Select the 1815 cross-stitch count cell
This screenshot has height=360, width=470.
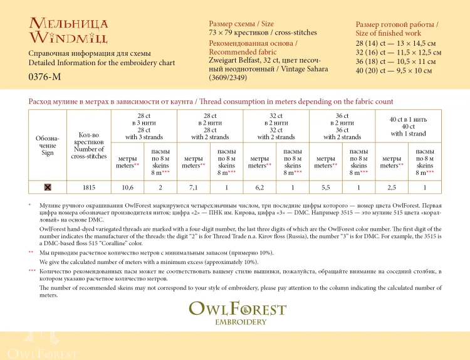[89, 187]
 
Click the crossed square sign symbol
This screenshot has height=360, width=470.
[48, 187]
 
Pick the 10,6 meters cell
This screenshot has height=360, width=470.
[127, 187]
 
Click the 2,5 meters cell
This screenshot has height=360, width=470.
[392, 187]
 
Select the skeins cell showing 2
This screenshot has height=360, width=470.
[160, 187]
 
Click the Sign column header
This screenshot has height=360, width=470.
[48, 145]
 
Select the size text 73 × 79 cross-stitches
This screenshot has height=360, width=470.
[263, 33]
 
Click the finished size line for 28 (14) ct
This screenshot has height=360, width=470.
[398, 43]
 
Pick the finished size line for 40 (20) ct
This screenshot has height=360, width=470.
[394, 71]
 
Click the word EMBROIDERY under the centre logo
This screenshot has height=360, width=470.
[240, 322]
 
